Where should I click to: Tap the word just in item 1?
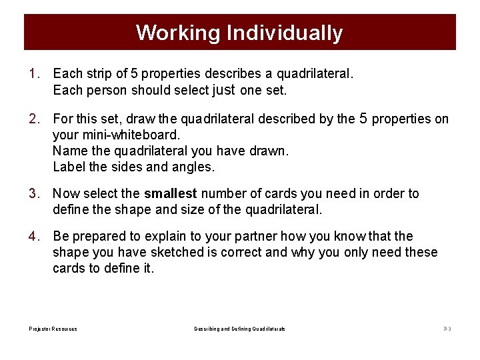coord(224,89)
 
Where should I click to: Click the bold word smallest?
coord(171,194)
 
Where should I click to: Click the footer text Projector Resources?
coord(53,329)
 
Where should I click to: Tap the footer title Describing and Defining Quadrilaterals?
coord(239,329)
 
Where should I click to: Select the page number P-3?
coord(447,329)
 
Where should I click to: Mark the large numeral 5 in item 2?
coord(363,118)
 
